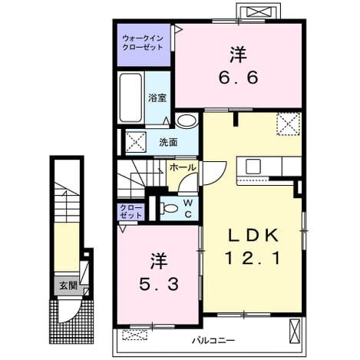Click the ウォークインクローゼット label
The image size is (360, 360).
(x=143, y=43)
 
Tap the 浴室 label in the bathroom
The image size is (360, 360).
(x=157, y=97)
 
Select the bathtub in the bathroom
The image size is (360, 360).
(x=130, y=97)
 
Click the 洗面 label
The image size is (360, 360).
(x=168, y=142)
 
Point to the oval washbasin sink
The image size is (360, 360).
(x=187, y=121)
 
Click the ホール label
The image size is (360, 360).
(x=183, y=167)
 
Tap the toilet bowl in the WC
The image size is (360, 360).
(x=169, y=208)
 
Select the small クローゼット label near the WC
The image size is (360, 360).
(x=130, y=211)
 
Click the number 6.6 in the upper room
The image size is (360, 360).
(x=239, y=77)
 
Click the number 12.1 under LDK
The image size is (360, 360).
(x=253, y=258)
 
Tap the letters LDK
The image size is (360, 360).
(x=253, y=235)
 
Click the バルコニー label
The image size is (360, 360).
(x=213, y=341)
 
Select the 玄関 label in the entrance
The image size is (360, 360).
(x=68, y=286)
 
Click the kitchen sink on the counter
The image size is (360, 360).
(x=253, y=167)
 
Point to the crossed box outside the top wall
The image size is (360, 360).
(x=258, y=12)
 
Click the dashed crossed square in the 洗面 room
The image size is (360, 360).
(x=135, y=142)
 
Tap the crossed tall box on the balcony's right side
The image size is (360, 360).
(x=296, y=332)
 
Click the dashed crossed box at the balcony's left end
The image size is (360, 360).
(x=135, y=335)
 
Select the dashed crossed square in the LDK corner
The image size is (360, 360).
(x=288, y=124)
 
